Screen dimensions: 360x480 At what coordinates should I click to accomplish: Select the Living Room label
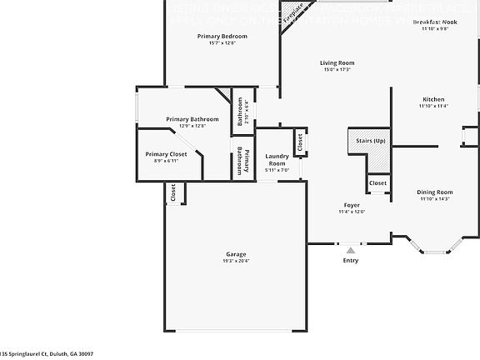pos(337,62)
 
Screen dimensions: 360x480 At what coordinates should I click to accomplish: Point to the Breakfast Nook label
pos(434,22)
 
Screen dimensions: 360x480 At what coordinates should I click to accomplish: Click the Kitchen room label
pos(433,99)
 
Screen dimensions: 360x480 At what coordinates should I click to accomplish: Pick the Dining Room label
pos(434,192)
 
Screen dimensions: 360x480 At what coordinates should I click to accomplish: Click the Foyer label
pos(351,205)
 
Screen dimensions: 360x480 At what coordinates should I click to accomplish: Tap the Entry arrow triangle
pos(351,248)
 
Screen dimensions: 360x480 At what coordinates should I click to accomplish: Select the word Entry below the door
pos(351,260)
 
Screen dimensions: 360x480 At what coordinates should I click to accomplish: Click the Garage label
pos(236,254)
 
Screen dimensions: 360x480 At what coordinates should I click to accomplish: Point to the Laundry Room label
pos(276,159)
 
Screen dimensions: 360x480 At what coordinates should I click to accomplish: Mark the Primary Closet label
pos(167,154)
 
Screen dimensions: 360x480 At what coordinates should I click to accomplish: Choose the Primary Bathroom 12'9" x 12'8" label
pos(192,119)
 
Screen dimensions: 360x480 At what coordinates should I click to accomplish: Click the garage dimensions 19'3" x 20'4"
pos(236,261)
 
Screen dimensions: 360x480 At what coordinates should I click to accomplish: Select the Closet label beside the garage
pos(173,192)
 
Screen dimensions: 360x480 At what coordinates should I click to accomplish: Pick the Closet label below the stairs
pos(377,182)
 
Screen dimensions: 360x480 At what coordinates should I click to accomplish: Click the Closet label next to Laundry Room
pos(300,142)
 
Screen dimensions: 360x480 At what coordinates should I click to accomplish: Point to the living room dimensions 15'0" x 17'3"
pos(337,69)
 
